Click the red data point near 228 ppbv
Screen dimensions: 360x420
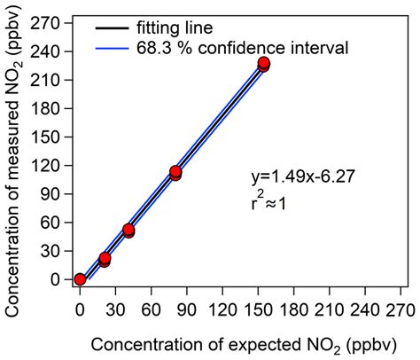[263, 64]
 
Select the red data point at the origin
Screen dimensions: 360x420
[80, 279]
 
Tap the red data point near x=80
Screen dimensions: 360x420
[175, 172]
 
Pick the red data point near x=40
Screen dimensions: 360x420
[128, 230]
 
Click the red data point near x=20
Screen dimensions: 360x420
[105, 258]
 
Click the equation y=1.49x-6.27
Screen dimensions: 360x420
[303, 176]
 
